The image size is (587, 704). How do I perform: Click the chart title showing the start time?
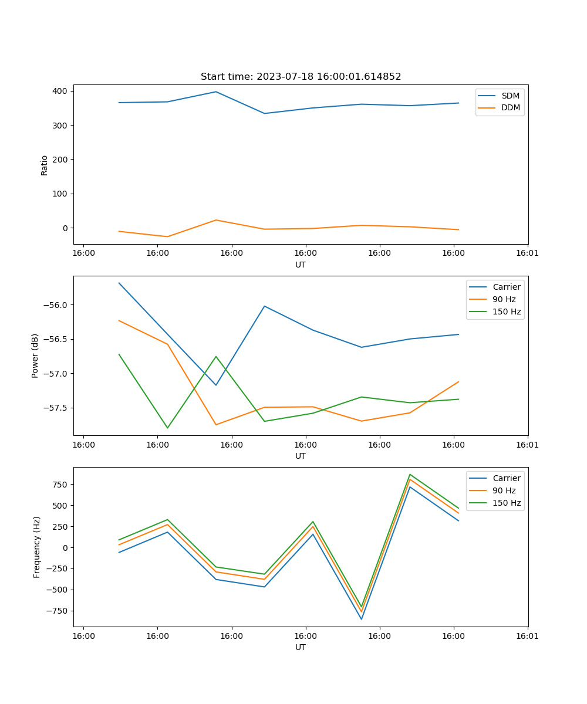(x=301, y=77)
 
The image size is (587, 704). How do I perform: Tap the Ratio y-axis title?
(x=45, y=165)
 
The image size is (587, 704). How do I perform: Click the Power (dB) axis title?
(x=35, y=356)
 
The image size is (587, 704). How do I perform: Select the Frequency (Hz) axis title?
(x=37, y=547)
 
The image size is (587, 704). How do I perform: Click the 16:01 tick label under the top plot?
(x=528, y=253)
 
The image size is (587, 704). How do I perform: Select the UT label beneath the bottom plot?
(x=301, y=647)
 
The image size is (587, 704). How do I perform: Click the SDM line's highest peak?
(x=216, y=92)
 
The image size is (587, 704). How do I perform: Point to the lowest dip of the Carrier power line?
(x=216, y=385)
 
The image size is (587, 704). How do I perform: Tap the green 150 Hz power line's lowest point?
(x=167, y=428)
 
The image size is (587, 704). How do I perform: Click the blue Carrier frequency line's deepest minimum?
(x=362, y=619)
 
